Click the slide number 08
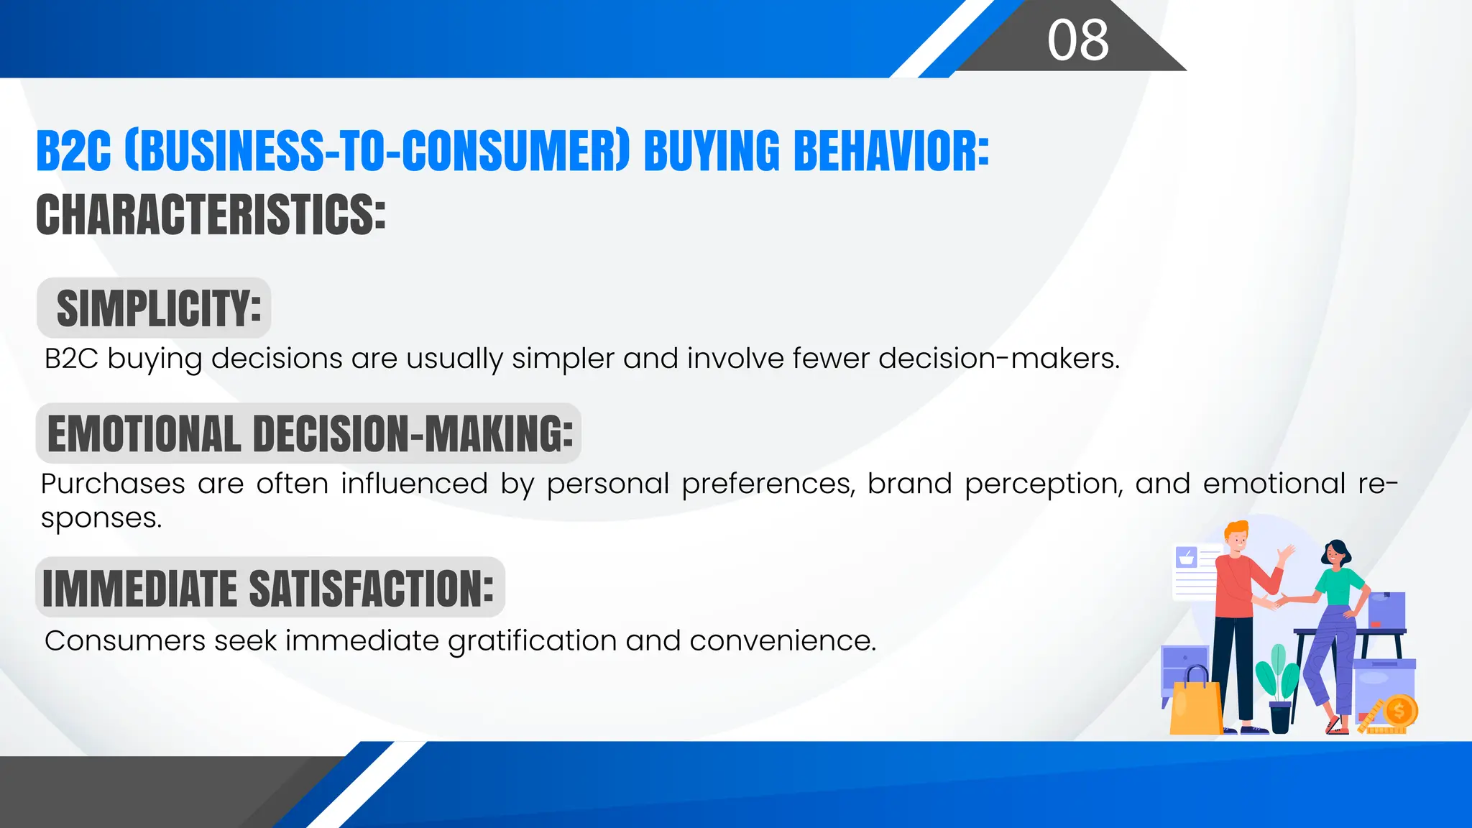tap(1077, 40)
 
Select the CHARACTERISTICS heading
tap(211, 215)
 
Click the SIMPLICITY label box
tap(155, 308)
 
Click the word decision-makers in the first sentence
tap(998, 358)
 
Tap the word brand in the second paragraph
tap(909, 484)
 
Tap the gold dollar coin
tap(1399, 712)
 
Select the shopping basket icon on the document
tap(1186, 557)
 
